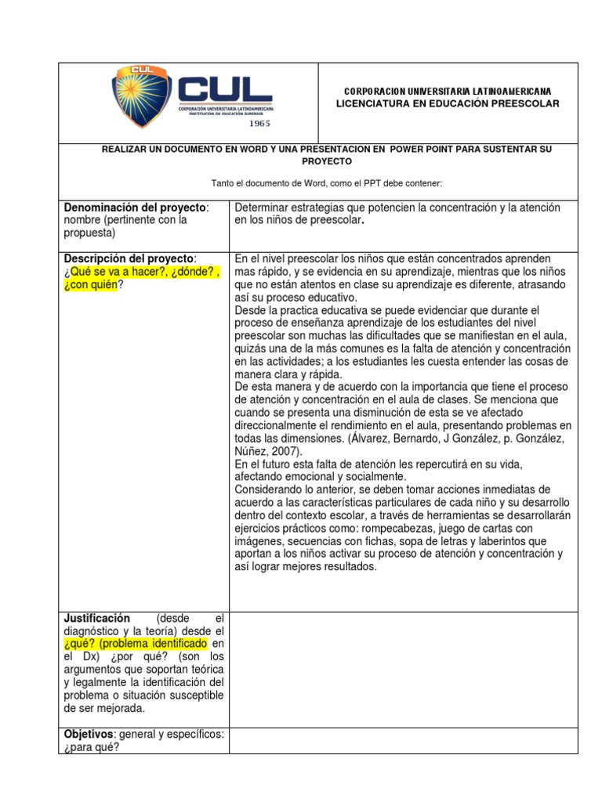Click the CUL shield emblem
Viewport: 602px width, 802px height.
point(142,96)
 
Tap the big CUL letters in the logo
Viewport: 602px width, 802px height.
point(225,91)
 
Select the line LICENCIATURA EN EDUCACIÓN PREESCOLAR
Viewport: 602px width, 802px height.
point(448,104)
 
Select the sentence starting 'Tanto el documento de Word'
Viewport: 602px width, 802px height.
point(327,183)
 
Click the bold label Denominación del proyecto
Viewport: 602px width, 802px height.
point(136,207)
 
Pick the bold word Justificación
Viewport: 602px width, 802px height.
point(97,618)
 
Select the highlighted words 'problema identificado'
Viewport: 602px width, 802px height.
point(163,643)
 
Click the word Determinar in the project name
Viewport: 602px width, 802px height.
point(263,207)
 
